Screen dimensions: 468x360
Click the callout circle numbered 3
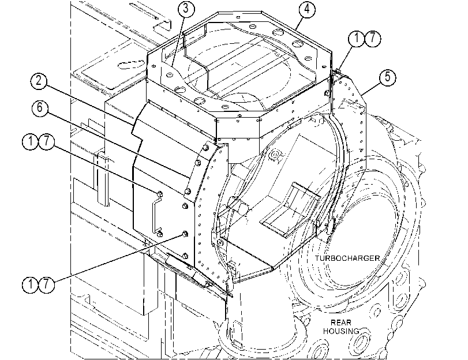(x=186, y=9)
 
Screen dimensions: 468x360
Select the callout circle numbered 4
(x=307, y=9)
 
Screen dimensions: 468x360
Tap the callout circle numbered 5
(x=387, y=77)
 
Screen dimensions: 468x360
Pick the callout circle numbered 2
(x=39, y=81)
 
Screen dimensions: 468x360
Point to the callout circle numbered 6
(x=40, y=108)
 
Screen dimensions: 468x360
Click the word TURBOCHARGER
(x=347, y=258)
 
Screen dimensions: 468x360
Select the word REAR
(x=341, y=322)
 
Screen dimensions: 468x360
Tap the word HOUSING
(x=341, y=331)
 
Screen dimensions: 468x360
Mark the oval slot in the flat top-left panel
(x=130, y=65)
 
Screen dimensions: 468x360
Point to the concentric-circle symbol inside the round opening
(x=275, y=156)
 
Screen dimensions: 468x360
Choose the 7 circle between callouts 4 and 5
(x=373, y=39)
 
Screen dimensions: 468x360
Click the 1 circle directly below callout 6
(x=31, y=141)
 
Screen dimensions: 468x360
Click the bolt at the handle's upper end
(x=159, y=194)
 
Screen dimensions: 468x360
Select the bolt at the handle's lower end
(x=160, y=234)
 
